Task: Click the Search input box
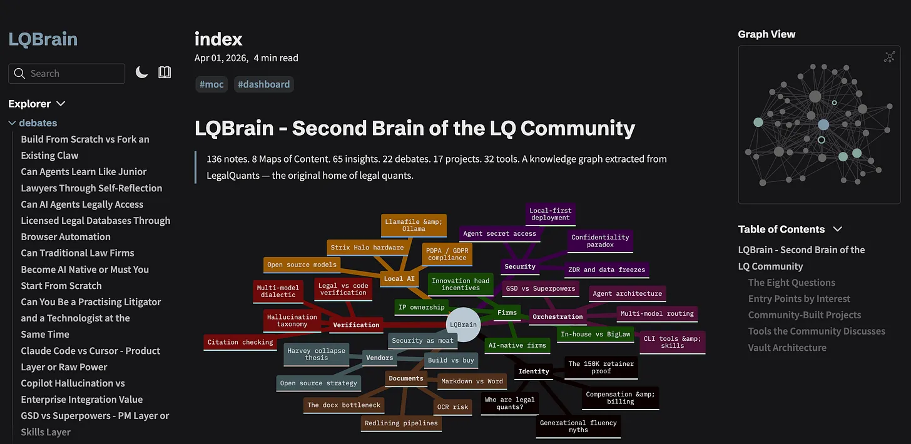point(67,74)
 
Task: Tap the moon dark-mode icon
point(141,73)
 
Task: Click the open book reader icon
point(165,73)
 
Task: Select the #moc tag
point(211,84)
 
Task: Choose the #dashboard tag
point(264,84)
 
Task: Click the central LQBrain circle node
point(463,325)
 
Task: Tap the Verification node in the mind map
point(356,325)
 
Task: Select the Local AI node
point(399,278)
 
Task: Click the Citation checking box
point(240,342)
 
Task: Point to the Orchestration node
point(557,316)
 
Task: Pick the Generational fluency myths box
point(578,426)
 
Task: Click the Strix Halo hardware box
point(367,248)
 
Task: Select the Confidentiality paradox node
point(600,241)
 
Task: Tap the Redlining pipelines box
point(402,423)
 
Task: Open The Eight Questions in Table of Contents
point(791,283)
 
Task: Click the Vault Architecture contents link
point(787,348)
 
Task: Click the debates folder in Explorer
point(38,123)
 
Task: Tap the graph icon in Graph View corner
point(890,57)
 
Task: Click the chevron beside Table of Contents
point(837,230)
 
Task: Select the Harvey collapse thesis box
point(317,354)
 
